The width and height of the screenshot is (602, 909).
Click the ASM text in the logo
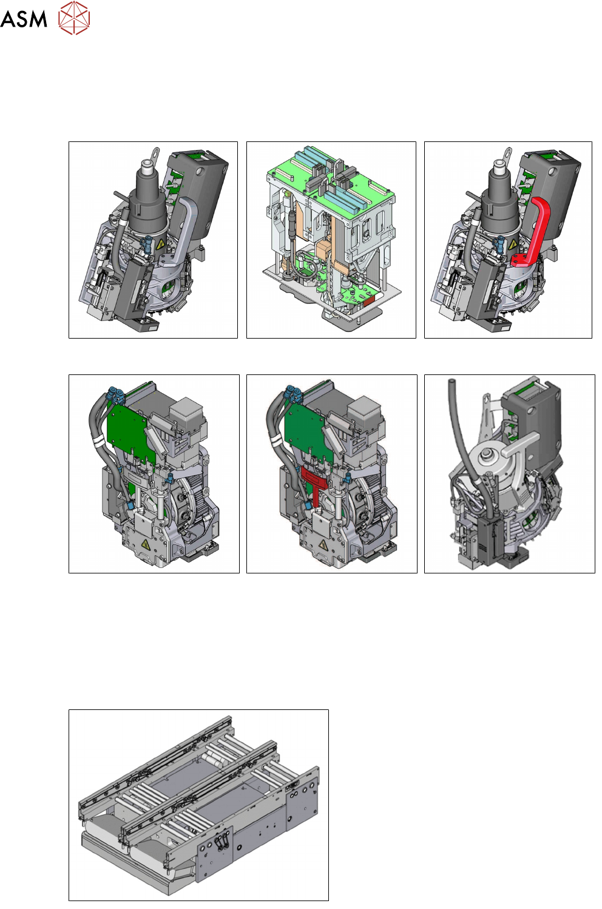click(x=24, y=19)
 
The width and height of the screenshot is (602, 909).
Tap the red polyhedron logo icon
click(x=74, y=18)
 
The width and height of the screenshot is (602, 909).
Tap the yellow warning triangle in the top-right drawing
click(x=513, y=245)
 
